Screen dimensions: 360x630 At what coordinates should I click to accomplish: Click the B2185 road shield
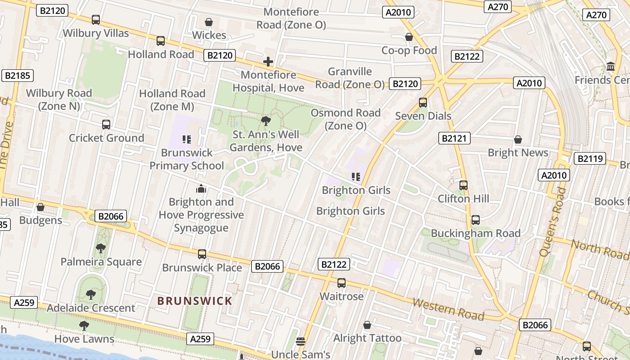(x=18, y=76)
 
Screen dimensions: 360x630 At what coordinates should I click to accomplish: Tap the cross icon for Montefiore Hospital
(x=268, y=62)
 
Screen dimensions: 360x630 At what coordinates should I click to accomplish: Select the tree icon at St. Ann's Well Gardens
(x=265, y=121)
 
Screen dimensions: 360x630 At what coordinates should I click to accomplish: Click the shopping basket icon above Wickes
(x=209, y=22)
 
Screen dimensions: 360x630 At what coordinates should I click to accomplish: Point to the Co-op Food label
(x=409, y=50)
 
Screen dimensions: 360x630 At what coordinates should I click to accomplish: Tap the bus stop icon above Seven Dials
(x=423, y=103)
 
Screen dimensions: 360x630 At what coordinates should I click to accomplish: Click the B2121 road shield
(x=454, y=138)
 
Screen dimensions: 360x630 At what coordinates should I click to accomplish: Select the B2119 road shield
(x=589, y=158)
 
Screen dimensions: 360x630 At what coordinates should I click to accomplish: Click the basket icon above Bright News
(x=518, y=139)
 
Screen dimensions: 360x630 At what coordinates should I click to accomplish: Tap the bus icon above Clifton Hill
(x=463, y=185)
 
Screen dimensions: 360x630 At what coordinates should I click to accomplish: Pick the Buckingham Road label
(x=476, y=233)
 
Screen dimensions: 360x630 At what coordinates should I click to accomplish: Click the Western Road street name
(x=448, y=310)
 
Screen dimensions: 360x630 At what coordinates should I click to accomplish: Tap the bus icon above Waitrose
(x=342, y=283)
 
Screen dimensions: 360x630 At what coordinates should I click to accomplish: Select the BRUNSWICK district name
(x=195, y=301)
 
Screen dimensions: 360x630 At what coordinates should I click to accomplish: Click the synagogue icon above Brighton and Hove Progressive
(x=201, y=189)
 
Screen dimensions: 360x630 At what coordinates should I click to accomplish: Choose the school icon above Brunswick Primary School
(x=187, y=139)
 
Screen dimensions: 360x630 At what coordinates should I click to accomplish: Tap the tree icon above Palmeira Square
(x=101, y=248)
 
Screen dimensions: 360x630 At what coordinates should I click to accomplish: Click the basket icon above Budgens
(x=40, y=207)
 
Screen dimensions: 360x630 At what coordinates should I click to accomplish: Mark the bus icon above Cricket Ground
(x=106, y=125)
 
